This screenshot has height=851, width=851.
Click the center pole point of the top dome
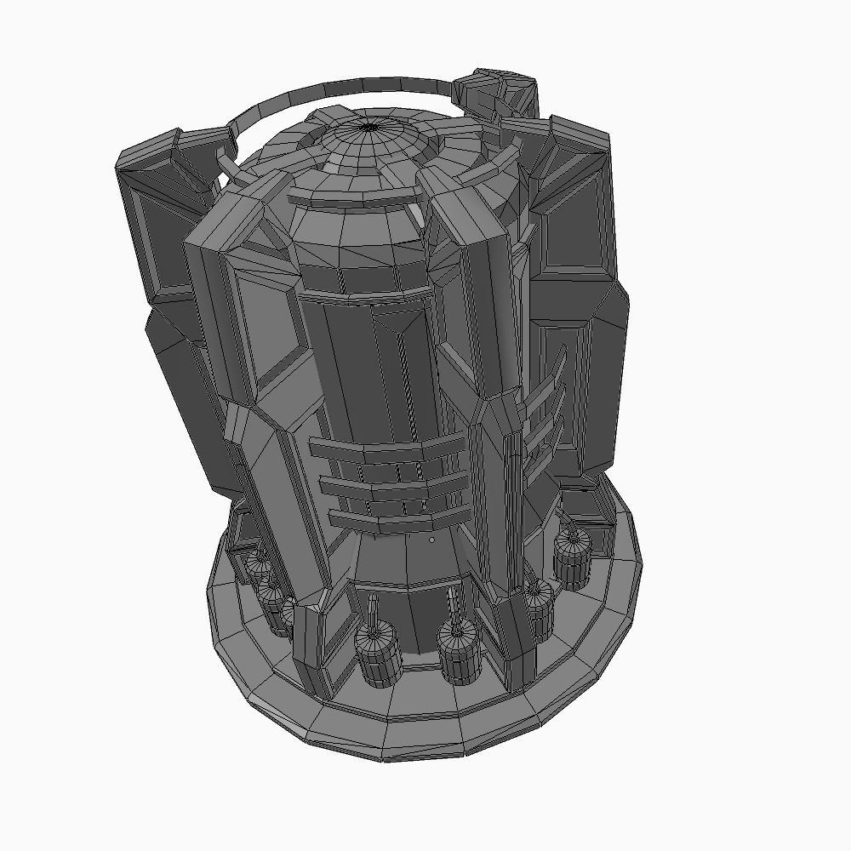click(369, 127)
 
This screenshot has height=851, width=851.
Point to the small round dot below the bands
click(432, 540)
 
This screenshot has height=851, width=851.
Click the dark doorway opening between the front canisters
click(417, 621)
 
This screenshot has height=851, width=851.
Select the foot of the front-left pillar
click(319, 655)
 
